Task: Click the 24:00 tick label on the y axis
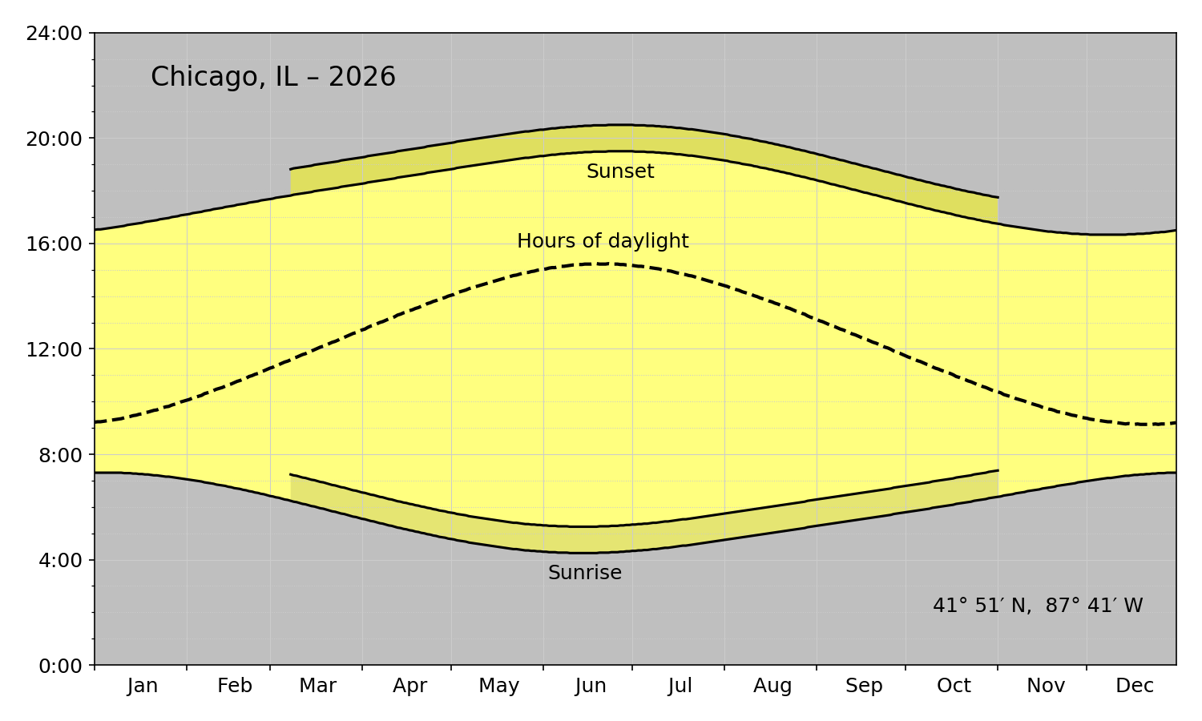54,34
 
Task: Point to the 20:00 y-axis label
54,139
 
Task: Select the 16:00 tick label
54,244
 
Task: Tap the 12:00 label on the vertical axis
54,350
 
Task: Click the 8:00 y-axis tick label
60,456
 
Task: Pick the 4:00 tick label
60,561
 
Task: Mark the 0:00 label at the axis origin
60,667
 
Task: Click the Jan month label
143,686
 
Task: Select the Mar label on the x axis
317,686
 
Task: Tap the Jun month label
591,686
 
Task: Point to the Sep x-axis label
864,686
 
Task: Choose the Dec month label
1135,686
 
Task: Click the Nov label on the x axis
1046,686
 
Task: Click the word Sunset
620,171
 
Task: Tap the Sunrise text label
585,573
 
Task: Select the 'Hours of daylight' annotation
603,241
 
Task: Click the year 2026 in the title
362,76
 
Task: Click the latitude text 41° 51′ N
980,606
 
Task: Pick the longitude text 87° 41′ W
1094,606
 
